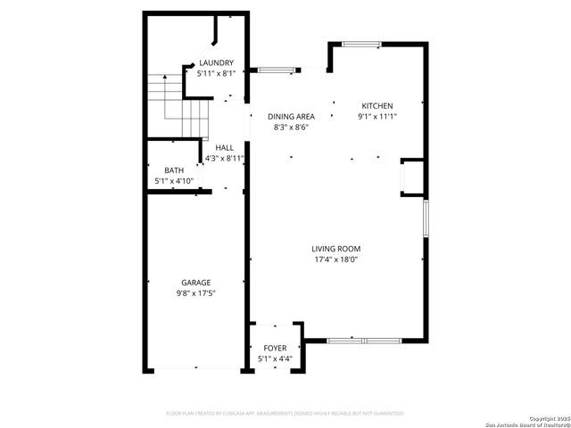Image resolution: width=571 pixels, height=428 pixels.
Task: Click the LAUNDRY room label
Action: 216,62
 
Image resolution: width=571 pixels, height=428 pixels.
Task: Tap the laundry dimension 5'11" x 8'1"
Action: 216,74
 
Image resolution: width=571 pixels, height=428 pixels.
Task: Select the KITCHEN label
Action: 377,105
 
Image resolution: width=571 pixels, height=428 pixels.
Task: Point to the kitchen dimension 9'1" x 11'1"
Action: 377,116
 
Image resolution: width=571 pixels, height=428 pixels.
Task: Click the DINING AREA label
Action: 291,117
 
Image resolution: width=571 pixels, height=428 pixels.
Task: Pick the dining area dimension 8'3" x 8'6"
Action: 291,128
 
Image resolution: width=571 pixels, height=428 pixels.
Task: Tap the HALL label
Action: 224,147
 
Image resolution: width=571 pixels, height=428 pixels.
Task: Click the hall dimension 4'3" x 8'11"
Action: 224,158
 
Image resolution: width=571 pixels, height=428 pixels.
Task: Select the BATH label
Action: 174,169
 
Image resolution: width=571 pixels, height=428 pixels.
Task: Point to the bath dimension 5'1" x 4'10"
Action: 174,180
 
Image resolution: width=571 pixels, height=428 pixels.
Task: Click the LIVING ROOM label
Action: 335,249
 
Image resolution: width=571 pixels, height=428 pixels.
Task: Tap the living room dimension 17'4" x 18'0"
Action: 335,259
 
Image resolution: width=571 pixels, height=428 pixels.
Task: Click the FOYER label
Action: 276,349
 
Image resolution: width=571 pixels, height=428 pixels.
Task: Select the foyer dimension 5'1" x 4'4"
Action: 276,359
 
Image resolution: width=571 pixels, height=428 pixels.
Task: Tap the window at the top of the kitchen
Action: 361,44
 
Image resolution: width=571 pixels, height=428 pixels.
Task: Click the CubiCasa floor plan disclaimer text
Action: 285,414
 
